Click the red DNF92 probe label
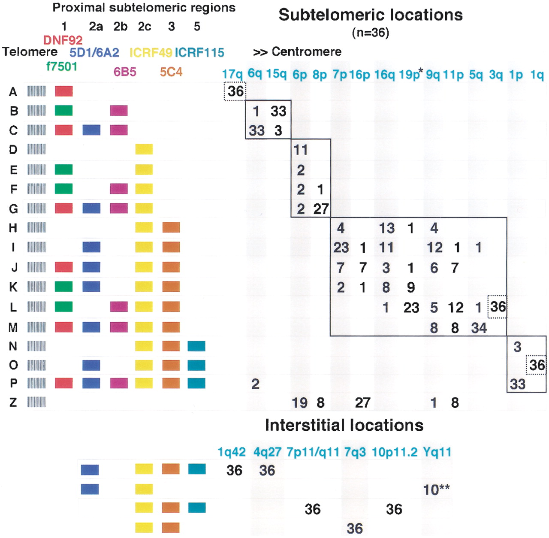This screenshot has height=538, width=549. click(63, 40)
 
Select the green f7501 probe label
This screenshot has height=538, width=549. click(62, 66)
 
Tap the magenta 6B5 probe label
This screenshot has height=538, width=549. click(125, 72)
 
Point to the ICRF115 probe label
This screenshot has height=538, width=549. click(199, 53)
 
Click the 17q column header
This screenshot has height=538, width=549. click(232, 74)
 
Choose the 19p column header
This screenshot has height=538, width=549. click(409, 74)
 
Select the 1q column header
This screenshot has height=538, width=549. click(537, 75)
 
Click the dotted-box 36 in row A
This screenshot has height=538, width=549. click(235, 91)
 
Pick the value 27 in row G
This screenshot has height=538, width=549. click(321, 209)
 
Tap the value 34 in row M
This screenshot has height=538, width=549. click(479, 328)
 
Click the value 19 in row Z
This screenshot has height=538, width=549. click(300, 402)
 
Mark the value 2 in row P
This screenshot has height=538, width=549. click(255, 384)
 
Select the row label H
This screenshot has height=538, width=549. click(13, 228)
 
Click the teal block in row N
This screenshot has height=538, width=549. click(196, 346)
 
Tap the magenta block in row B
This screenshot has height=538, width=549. click(119, 110)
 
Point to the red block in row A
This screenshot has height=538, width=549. click(64, 91)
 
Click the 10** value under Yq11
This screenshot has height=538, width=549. click(436, 490)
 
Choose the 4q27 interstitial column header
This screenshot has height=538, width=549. click(267, 452)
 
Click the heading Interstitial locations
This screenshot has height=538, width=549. click(344, 425)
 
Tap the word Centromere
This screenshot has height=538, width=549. click(307, 52)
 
